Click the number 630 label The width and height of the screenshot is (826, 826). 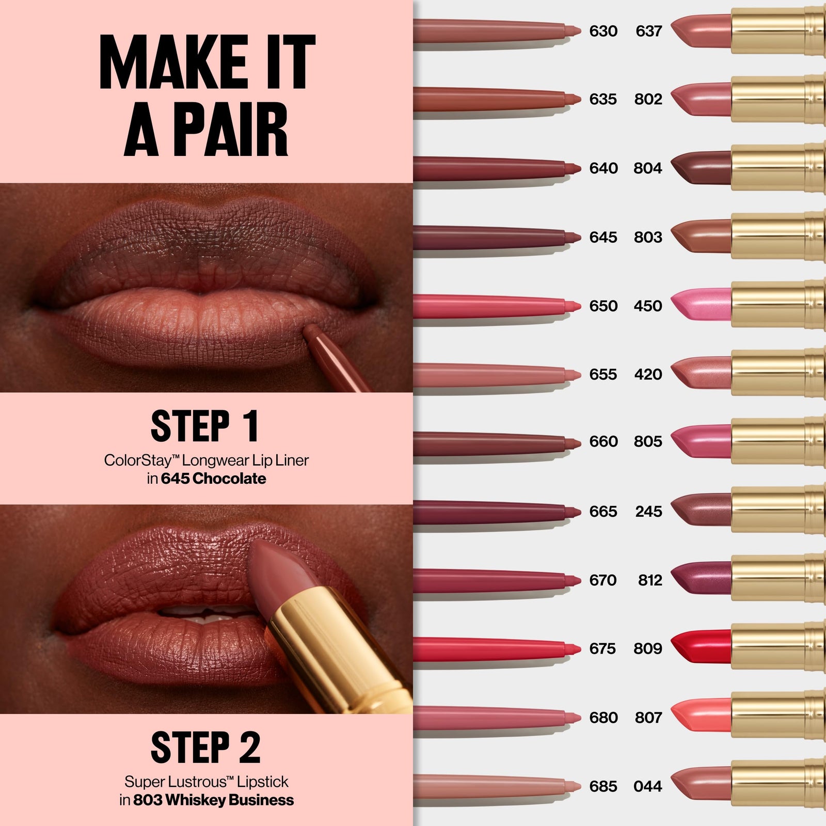point(603,31)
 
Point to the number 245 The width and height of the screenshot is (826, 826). point(648,512)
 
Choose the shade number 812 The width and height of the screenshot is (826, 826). point(649,580)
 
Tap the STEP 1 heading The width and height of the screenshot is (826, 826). point(205,426)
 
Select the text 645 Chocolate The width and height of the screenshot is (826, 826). point(213,479)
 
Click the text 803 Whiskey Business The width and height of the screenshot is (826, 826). point(213,800)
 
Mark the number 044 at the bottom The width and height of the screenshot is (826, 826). point(647,786)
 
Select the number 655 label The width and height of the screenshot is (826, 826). point(603,374)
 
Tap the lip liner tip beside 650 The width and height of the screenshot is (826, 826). point(573,306)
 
